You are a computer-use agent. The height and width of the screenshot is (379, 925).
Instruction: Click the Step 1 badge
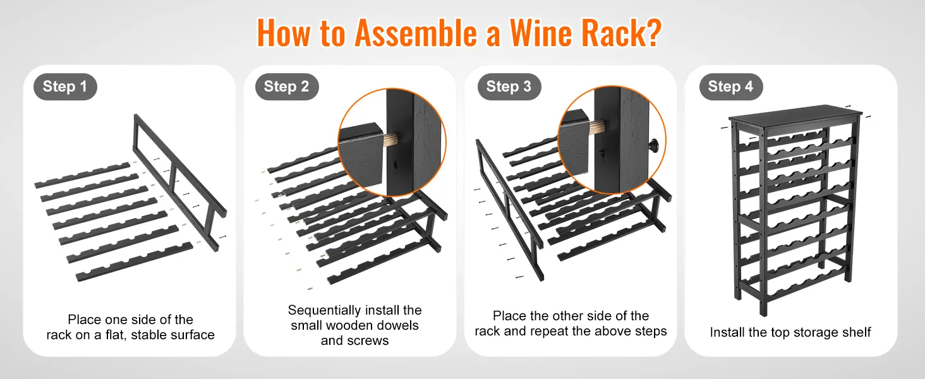tap(65, 87)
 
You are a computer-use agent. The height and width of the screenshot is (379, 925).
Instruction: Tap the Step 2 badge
tap(287, 87)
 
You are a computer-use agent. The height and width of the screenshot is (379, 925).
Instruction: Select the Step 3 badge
tap(509, 87)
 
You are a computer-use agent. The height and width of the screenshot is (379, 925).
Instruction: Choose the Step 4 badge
tap(730, 87)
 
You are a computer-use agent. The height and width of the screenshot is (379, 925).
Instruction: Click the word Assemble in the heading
tap(416, 33)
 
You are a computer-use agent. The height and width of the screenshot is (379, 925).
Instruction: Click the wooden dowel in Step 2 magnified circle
tap(390, 141)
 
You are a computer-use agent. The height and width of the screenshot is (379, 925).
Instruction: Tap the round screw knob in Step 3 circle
tap(653, 144)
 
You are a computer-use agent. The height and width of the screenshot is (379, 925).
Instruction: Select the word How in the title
tap(283, 33)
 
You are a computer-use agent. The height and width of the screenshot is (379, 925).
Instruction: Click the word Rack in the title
tap(612, 33)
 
